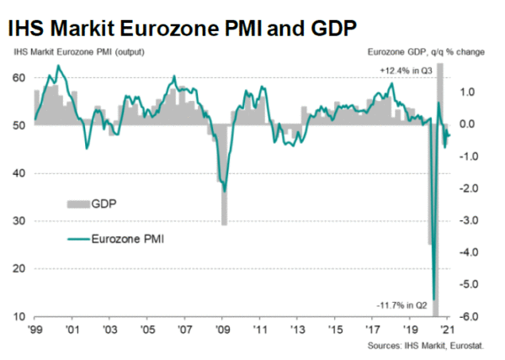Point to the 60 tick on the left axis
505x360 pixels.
(19, 77)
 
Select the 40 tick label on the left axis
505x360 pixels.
(19, 173)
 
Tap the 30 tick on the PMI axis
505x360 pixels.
(19, 221)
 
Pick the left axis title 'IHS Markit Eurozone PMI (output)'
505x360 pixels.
(72, 52)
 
